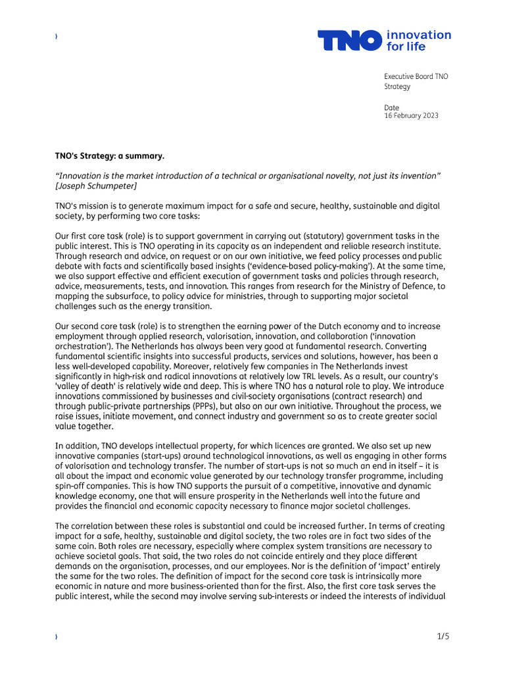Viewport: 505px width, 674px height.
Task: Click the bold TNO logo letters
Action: (x=350, y=41)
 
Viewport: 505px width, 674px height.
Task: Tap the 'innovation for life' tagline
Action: (x=419, y=41)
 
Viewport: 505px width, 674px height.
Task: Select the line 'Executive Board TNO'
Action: (x=416, y=76)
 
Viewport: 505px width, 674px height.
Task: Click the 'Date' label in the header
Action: (x=391, y=107)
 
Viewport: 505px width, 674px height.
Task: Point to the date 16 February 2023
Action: (x=411, y=116)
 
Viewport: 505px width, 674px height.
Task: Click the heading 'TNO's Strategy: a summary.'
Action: (x=109, y=156)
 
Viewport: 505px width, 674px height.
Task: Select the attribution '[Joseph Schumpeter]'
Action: (x=96, y=186)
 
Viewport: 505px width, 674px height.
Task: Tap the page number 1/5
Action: (x=443, y=636)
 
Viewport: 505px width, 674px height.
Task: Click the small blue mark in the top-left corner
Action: (x=57, y=37)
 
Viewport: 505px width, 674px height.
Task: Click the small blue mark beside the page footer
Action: (x=57, y=637)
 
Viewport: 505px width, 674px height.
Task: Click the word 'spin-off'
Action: (x=72, y=486)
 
